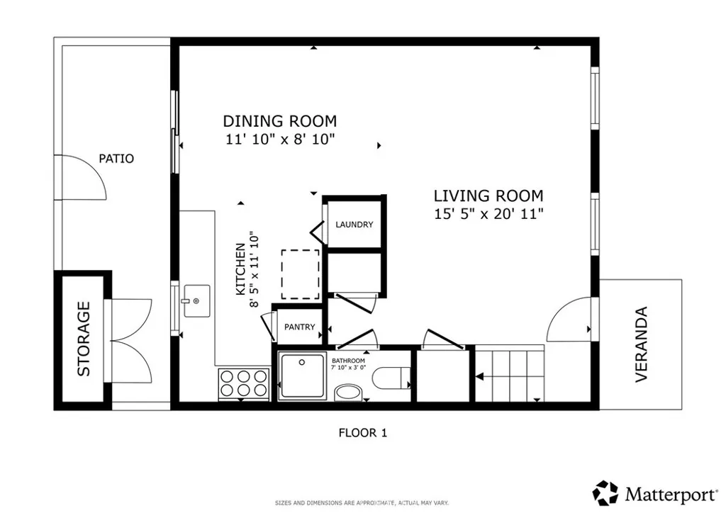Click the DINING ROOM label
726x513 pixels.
[279, 121]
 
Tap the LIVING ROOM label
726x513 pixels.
[488, 196]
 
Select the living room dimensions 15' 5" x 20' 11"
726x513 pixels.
[488, 214]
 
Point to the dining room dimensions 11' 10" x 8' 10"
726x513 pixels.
[280, 139]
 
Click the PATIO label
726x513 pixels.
[116, 159]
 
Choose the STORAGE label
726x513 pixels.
[84, 339]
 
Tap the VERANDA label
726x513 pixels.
[641, 344]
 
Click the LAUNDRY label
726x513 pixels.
[354, 225]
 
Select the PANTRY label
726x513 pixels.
[300, 327]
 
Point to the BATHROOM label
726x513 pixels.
[348, 361]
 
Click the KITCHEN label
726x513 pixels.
[241, 269]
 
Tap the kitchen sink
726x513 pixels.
[197, 300]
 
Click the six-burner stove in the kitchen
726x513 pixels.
[244, 383]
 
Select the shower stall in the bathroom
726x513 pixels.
[302, 376]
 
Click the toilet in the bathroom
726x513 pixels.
[391, 378]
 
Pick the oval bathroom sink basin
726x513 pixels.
[349, 393]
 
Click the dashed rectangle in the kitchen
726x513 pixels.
[301, 274]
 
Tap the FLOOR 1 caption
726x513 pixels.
[362, 433]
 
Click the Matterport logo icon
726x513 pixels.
[605, 493]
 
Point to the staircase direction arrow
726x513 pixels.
[480, 376]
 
